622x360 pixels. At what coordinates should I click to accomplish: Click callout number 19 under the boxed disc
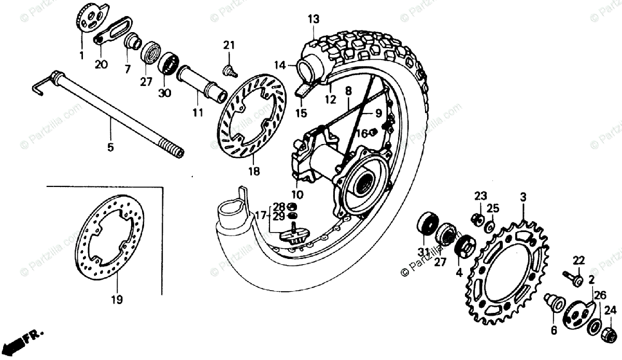click(x=117, y=299)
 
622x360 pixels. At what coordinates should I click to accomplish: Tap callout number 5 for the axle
click(x=110, y=148)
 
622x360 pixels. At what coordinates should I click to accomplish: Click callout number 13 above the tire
click(x=313, y=20)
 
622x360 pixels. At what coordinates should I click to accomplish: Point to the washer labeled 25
click(x=489, y=226)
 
